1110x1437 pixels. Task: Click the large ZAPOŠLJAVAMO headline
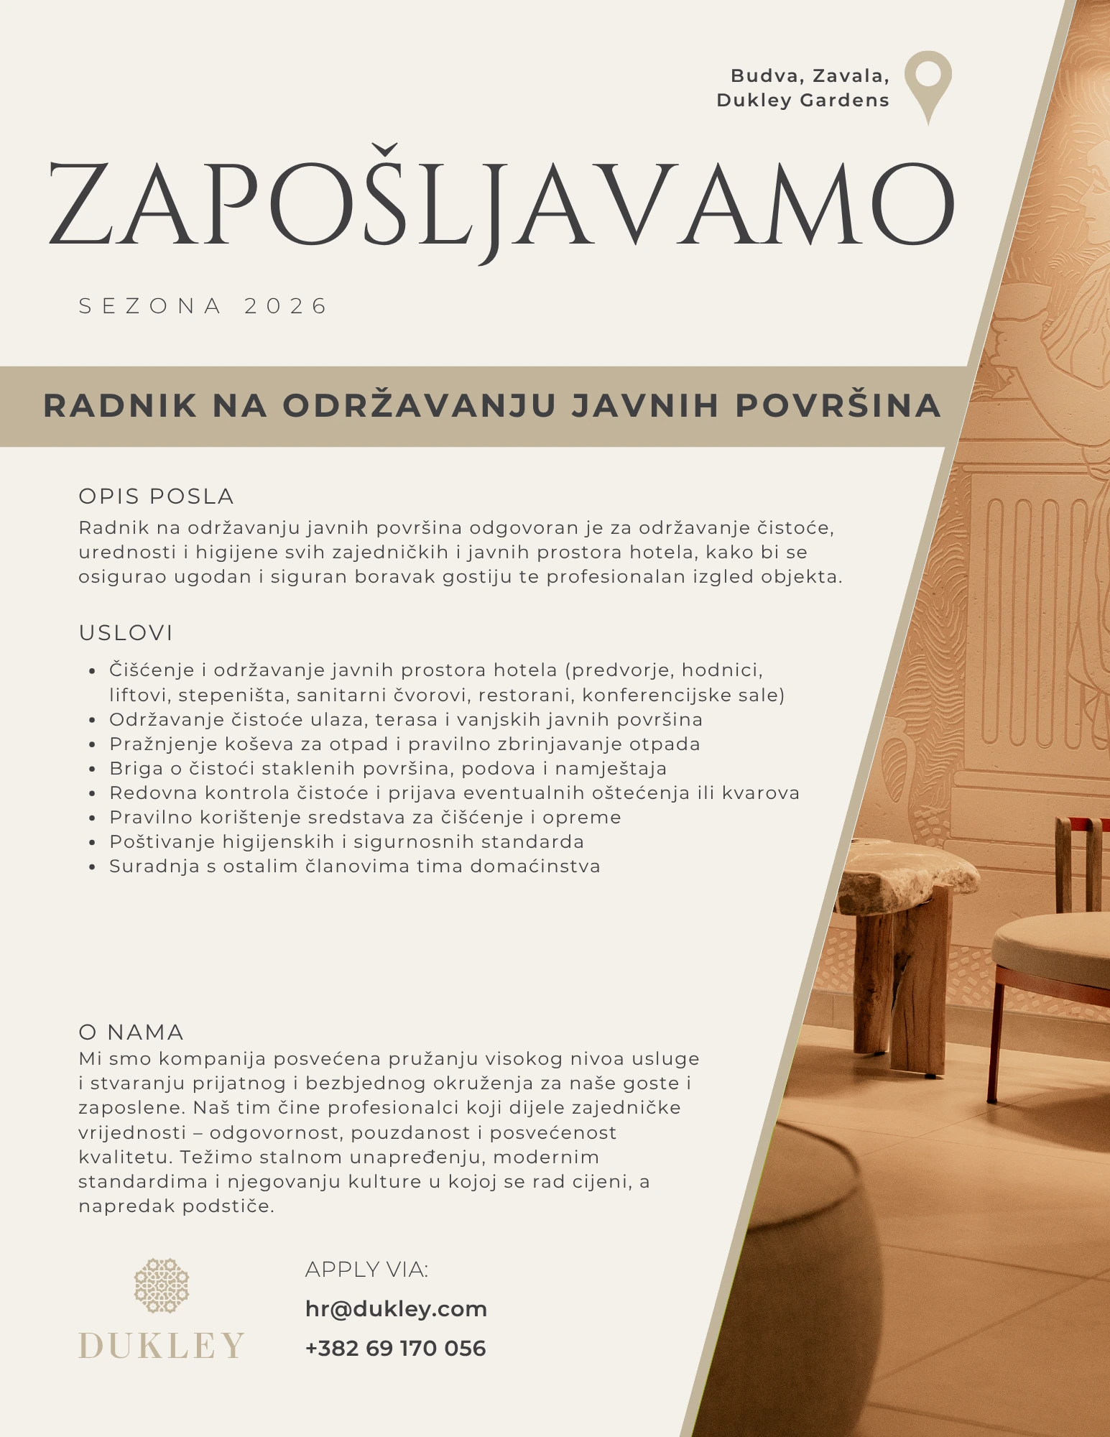coord(501,204)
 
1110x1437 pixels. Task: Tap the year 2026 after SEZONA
coord(285,306)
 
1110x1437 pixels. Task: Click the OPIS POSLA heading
coord(156,496)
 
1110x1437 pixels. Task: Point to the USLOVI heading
coord(126,633)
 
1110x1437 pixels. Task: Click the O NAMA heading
coord(131,1032)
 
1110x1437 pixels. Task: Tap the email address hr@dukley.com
coord(396,1309)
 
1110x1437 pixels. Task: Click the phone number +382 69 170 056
coord(395,1349)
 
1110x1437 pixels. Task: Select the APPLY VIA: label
coord(366,1270)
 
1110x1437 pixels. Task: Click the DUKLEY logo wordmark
coord(162,1346)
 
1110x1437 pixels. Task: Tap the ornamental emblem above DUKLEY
coord(162,1285)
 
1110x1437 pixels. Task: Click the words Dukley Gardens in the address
coord(803,101)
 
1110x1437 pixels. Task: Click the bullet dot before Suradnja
coord(92,868)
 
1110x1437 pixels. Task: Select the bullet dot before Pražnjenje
coord(92,746)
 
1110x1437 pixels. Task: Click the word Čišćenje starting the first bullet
coord(152,670)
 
